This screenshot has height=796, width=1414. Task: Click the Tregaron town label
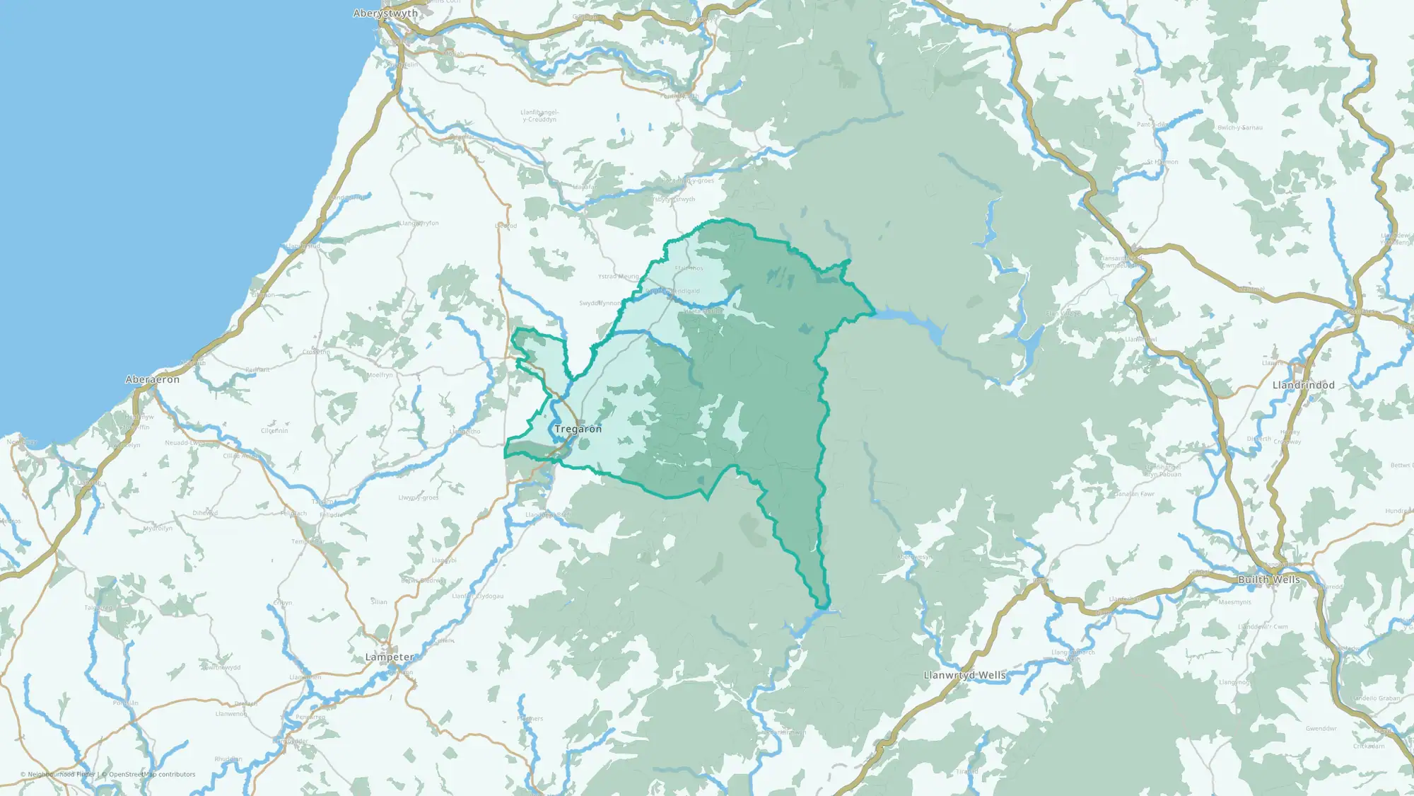pos(578,429)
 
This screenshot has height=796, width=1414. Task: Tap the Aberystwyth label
pos(385,13)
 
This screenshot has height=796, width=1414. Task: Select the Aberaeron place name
pos(152,379)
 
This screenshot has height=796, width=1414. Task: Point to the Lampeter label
pos(389,657)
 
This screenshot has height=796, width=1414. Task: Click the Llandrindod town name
pos(1303,385)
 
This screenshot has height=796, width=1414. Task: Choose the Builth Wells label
pos(1268,579)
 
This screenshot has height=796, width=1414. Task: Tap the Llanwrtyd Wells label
pos(964,675)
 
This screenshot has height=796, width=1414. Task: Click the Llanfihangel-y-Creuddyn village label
pos(539,116)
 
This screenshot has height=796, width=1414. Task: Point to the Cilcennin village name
pos(274,431)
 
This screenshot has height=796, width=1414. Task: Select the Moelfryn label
pos(380,375)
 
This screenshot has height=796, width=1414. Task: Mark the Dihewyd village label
pos(205,513)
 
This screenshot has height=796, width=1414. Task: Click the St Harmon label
pos(1162,162)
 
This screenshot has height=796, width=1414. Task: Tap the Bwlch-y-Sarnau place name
pos(1239,128)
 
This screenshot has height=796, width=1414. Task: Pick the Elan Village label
pos(1063,313)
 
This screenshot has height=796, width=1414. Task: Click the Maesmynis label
pos(1234,602)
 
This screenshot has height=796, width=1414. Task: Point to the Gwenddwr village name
pos(1321,729)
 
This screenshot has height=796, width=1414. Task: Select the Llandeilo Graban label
pos(1375,698)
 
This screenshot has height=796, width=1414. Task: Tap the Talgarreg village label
pos(98,608)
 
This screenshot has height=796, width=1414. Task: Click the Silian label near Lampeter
pos(379,602)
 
